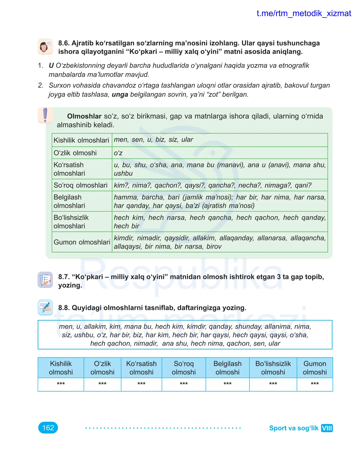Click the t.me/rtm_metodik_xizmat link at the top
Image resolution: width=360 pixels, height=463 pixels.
point(303,14)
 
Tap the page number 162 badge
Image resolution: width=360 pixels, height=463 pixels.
point(48,428)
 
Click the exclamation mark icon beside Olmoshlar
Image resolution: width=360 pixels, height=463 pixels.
point(45,115)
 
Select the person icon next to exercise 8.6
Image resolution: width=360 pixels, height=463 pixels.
point(45,47)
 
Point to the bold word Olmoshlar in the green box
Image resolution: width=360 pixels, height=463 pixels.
point(84,116)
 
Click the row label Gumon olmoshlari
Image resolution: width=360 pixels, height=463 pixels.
point(82,242)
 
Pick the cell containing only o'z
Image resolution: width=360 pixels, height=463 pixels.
point(220,153)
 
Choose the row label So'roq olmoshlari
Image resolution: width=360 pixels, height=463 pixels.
point(80,185)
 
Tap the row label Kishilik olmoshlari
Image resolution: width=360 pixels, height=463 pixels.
point(81,140)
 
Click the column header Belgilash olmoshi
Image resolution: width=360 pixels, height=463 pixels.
point(227,368)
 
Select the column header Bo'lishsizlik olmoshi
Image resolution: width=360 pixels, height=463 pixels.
point(273,368)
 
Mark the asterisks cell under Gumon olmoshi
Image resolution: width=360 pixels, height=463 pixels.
point(315,384)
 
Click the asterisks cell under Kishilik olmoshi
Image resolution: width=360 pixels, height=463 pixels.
point(61,384)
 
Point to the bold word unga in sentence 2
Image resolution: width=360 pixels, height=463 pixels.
point(120,95)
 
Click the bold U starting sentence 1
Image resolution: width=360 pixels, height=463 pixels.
point(51,66)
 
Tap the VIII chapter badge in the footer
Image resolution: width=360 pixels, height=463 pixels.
point(326,428)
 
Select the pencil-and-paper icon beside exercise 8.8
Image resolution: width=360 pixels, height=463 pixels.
point(45,307)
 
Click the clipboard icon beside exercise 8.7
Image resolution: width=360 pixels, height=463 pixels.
point(45,279)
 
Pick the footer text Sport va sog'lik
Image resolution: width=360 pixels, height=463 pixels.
point(294,428)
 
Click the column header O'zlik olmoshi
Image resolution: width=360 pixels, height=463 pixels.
point(102,368)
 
